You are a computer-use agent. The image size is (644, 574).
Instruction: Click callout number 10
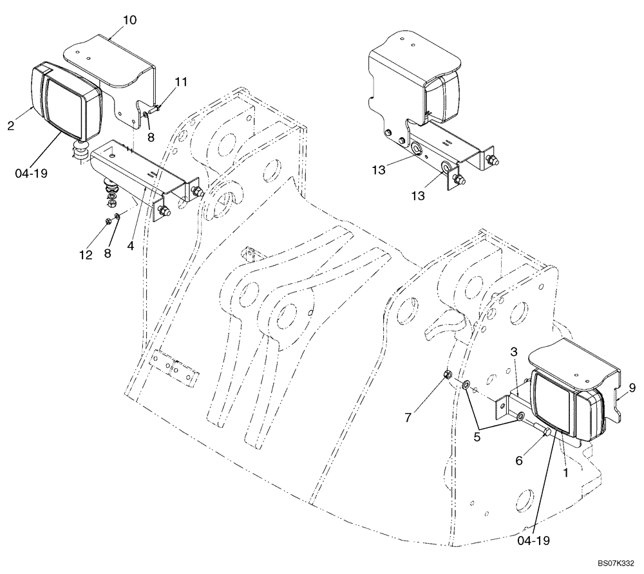click(x=129, y=20)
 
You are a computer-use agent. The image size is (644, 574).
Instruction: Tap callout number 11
click(x=181, y=82)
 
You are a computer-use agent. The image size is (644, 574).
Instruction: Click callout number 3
click(x=514, y=352)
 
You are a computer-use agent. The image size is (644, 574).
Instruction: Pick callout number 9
click(x=632, y=387)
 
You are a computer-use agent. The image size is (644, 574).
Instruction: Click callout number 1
click(x=566, y=472)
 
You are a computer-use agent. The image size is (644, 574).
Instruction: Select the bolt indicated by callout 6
click(x=545, y=431)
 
